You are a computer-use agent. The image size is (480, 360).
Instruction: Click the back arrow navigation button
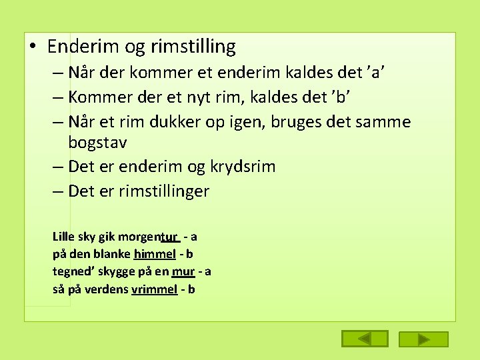point(364,339)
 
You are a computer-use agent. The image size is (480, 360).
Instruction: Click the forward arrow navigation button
point(423,339)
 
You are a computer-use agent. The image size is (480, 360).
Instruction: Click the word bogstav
point(97,142)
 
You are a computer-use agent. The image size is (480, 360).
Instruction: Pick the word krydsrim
point(243,167)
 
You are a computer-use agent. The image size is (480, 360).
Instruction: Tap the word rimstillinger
point(164,191)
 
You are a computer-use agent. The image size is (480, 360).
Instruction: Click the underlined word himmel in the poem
point(155,254)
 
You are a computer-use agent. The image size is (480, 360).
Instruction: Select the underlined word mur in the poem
point(183,271)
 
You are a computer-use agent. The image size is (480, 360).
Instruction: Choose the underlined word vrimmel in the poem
point(155,289)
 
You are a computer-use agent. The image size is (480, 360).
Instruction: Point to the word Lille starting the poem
point(64,237)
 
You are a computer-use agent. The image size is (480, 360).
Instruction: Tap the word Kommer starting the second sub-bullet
point(96,97)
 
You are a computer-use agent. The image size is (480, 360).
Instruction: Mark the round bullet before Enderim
point(33,47)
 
